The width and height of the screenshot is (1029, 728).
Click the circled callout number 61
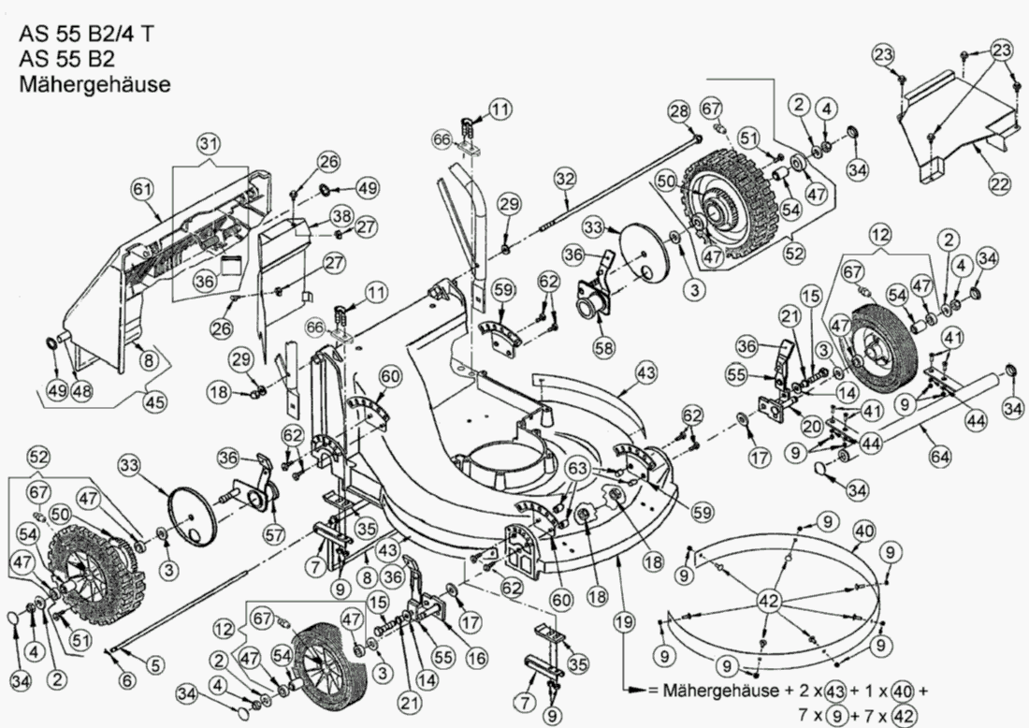[142, 190]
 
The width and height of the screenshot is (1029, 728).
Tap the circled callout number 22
[1000, 184]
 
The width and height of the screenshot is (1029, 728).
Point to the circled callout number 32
[564, 177]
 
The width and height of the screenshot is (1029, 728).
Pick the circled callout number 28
[677, 112]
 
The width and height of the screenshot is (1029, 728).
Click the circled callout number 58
[604, 346]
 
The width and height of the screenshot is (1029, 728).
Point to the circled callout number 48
[82, 391]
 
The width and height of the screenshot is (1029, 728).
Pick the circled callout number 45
[154, 401]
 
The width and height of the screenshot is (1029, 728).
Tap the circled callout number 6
[127, 679]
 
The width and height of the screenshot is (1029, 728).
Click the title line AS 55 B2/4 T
[87, 36]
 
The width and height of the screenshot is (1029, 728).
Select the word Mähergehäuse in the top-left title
[94, 84]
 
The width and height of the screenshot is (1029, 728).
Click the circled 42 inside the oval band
[769, 602]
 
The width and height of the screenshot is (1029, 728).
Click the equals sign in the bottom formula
[653, 692]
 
